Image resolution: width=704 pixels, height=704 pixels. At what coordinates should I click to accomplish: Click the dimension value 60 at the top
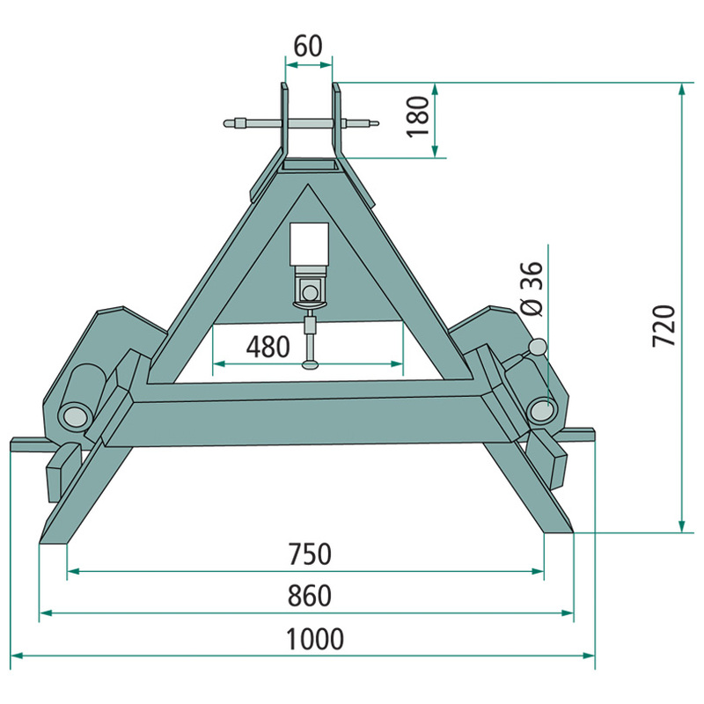coord(308,47)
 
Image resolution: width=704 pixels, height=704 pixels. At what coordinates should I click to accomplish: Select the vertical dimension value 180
coord(418,116)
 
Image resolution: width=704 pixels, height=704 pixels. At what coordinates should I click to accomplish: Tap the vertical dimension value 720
coord(664,326)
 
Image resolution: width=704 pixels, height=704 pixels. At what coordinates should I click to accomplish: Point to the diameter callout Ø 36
coord(532,289)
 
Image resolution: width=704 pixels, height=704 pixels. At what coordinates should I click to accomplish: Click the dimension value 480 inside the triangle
coord(268,347)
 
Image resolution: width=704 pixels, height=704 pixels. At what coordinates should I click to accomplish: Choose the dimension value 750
coord(310,554)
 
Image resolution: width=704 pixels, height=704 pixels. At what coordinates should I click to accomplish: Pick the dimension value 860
coord(310,596)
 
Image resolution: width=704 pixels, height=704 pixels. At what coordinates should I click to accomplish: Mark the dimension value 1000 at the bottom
coord(315,639)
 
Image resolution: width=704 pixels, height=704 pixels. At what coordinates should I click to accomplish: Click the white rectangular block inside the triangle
coord(309,245)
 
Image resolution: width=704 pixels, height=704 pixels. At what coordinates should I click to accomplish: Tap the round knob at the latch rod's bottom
coord(311,365)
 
